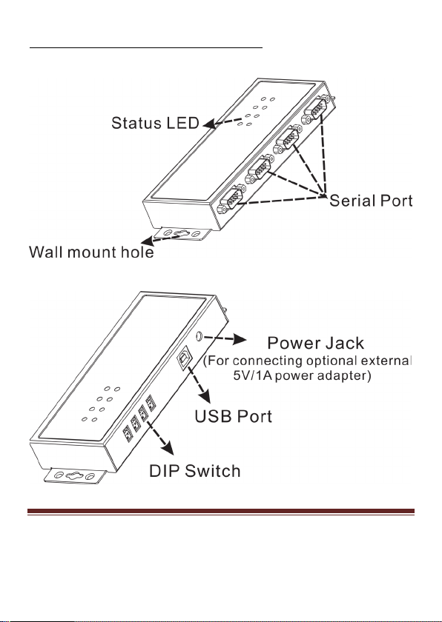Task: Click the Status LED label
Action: coord(155,123)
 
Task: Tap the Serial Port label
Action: coord(371,201)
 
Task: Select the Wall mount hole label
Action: coord(91,253)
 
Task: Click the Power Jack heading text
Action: coord(316,343)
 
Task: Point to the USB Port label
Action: coord(234,416)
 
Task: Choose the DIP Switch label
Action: coord(194,471)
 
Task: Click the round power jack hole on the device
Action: coord(199,336)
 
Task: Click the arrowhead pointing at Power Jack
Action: coord(239,339)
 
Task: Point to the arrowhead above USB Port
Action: coord(204,396)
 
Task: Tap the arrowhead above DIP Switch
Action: coord(168,448)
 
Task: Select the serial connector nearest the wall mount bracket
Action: coord(231,199)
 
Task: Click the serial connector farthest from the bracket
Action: coord(316,110)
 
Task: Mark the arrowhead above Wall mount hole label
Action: coord(148,242)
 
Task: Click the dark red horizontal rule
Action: coord(221,512)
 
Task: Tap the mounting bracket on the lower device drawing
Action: coord(75,475)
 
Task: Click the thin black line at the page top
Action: coord(146,47)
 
